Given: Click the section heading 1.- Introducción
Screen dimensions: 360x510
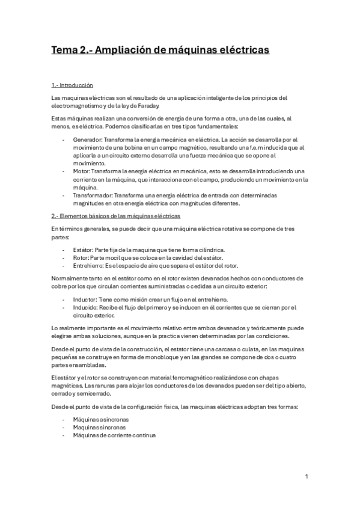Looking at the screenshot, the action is (x=72, y=85).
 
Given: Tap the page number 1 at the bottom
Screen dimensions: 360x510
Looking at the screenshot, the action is (x=307, y=477).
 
